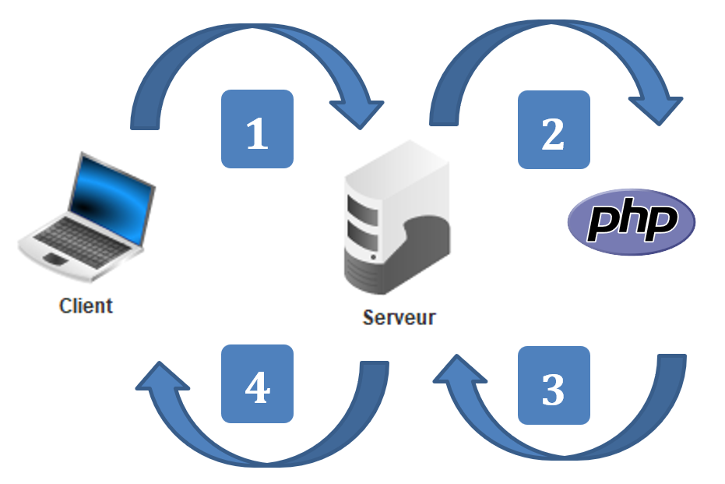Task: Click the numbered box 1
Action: click(257, 129)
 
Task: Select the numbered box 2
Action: click(554, 129)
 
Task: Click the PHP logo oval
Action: click(631, 222)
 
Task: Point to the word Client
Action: click(86, 305)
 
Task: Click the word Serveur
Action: click(399, 317)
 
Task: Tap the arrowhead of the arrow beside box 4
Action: click(160, 379)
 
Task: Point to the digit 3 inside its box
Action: click(554, 388)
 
